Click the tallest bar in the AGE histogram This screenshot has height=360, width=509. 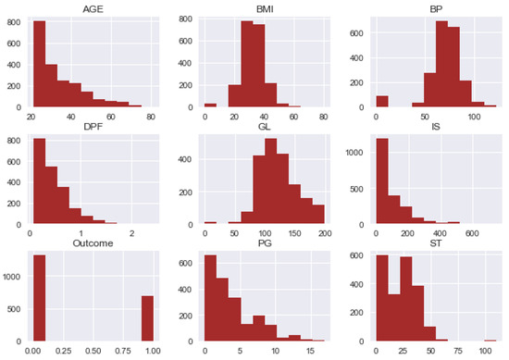tap(39, 64)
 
